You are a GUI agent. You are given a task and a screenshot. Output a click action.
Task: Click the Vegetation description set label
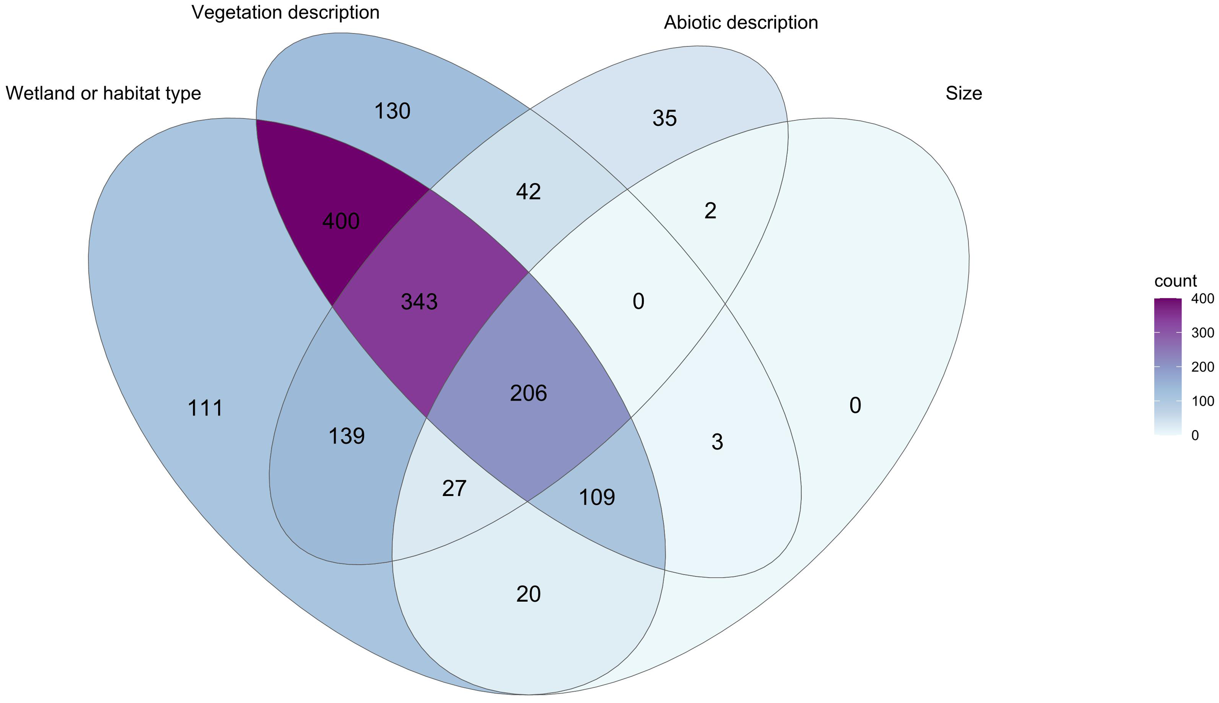[285, 13]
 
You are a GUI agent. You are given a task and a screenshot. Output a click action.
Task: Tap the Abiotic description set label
[740, 23]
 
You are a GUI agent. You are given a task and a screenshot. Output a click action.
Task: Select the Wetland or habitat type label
[104, 93]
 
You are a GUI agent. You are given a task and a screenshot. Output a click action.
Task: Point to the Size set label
[964, 93]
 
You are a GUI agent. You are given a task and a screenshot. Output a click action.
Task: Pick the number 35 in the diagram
[664, 119]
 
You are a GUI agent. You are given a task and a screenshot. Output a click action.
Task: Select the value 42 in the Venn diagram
[528, 192]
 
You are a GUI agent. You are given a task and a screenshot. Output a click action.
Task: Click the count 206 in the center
[528, 394]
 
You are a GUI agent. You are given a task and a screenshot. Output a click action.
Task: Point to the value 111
[205, 408]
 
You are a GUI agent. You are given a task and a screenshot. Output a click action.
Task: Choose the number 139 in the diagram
[346, 436]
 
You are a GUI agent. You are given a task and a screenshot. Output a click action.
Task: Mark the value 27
[454, 489]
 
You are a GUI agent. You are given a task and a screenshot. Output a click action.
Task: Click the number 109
[596, 497]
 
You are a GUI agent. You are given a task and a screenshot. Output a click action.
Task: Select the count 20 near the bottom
[528, 594]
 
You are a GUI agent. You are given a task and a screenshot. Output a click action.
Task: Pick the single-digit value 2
[710, 211]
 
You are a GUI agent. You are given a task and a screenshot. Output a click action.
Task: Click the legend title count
[1175, 281]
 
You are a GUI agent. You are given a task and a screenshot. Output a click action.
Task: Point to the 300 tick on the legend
[1203, 333]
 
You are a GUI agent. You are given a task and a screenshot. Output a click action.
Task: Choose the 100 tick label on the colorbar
[1203, 401]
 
